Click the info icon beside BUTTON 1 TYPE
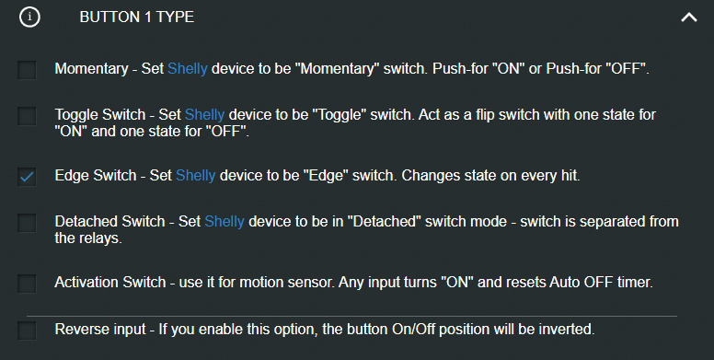click(x=29, y=17)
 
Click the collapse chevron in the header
click(x=688, y=17)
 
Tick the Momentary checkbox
click(x=27, y=70)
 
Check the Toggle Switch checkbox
click(x=27, y=116)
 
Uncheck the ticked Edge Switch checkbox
click(x=27, y=177)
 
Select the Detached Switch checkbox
click(x=27, y=223)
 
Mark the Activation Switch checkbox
click(x=27, y=283)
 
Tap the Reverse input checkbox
click(x=27, y=330)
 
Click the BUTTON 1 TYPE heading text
click(x=136, y=17)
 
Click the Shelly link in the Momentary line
click(x=187, y=69)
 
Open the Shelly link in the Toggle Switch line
click(x=204, y=115)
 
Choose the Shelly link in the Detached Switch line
click(x=224, y=222)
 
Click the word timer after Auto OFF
click(x=634, y=283)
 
